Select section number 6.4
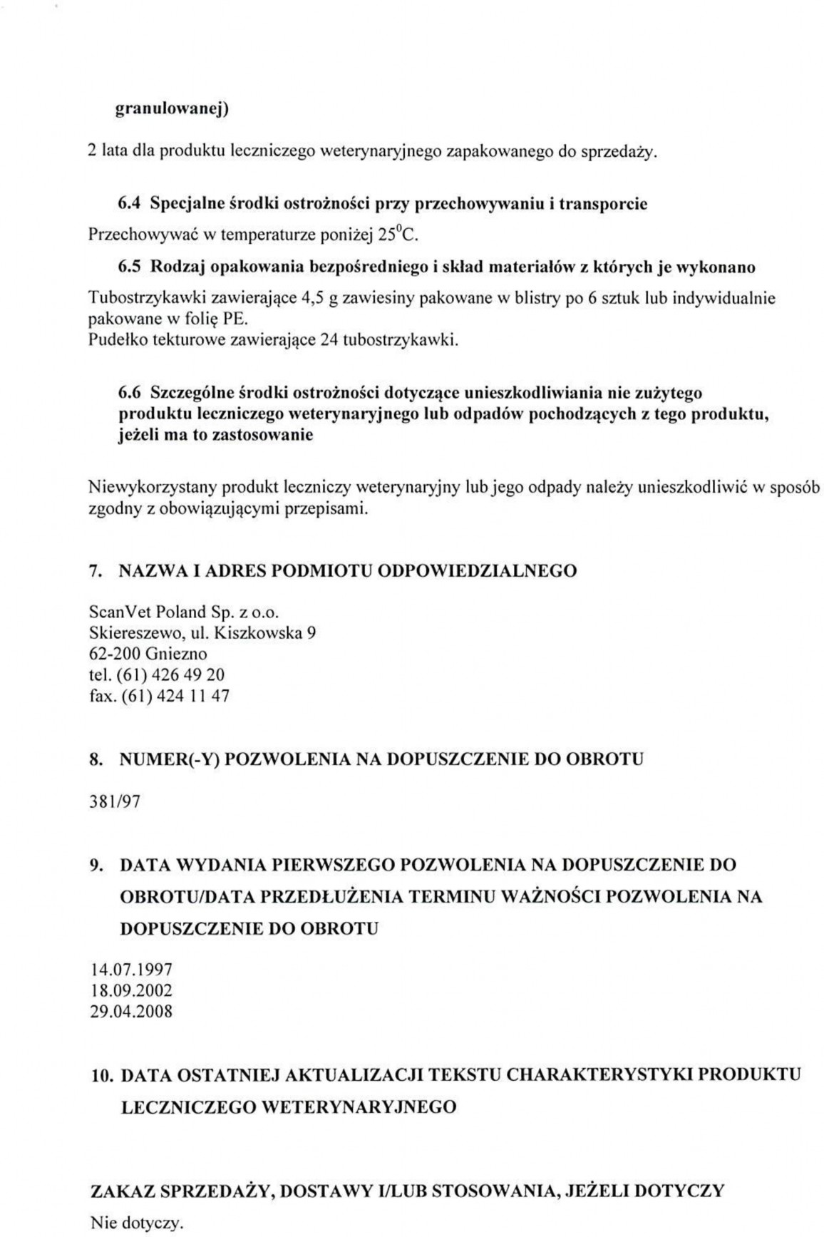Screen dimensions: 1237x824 [x=126, y=204]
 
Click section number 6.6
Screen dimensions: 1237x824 [x=130, y=393]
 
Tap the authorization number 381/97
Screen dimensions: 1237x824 [x=114, y=802]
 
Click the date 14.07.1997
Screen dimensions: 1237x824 [x=131, y=970]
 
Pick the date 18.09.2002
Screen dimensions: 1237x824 [x=131, y=990]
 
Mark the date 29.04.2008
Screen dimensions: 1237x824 [x=131, y=1011]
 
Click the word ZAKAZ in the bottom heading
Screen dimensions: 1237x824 [x=123, y=1191]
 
